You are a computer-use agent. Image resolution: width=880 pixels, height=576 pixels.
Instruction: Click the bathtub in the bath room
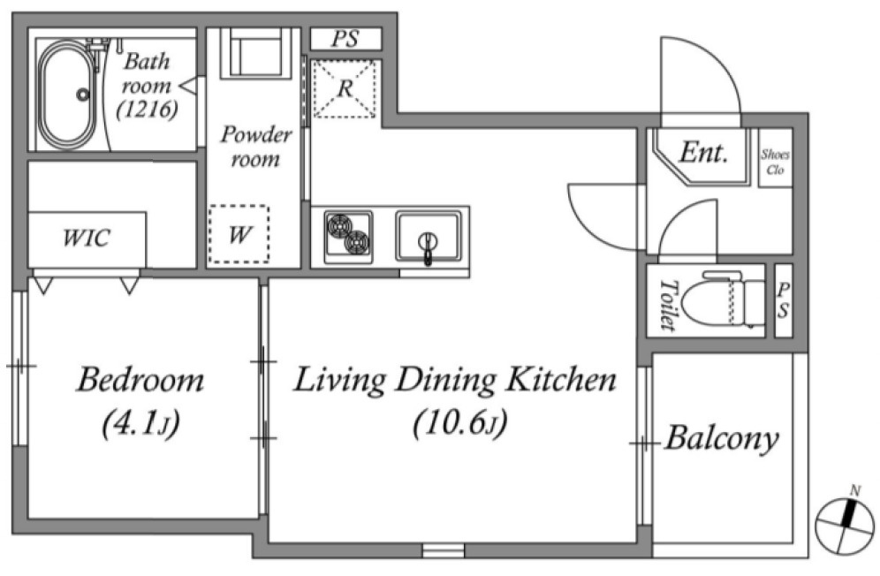tap(67, 95)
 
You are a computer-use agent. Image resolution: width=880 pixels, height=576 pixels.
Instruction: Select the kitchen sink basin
tap(428, 237)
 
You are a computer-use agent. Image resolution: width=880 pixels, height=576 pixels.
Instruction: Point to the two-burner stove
tap(348, 237)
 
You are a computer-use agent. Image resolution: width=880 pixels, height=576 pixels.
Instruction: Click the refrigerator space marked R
tap(345, 88)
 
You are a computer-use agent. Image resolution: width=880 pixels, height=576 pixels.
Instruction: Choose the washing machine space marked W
tap(239, 234)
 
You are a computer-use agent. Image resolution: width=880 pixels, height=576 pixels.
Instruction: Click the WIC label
tap(86, 238)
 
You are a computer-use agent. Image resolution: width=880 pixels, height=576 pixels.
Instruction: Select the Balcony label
tap(722, 439)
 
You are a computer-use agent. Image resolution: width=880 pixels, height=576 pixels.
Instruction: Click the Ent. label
tap(704, 152)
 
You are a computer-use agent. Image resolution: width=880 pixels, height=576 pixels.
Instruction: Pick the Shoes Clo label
tap(775, 162)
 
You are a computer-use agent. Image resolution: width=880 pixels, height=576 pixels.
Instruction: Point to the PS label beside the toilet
tap(783, 300)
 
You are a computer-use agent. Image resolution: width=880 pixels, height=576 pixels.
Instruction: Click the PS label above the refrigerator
tap(345, 39)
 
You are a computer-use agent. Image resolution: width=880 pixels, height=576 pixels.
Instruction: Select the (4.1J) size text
tap(140, 423)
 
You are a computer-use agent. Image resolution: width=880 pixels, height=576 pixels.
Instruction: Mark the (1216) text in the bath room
tap(147, 110)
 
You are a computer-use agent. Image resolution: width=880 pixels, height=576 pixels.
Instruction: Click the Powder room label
tap(256, 147)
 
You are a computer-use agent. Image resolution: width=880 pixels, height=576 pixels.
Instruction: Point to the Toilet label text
tap(667, 305)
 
